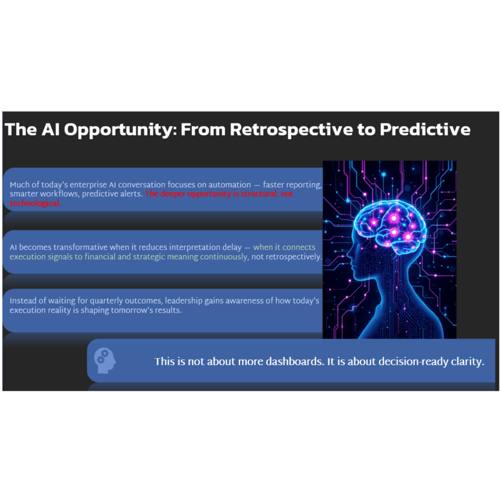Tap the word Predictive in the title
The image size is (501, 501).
[425, 130]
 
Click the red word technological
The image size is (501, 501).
[35, 203]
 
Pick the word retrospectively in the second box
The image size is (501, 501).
[286, 257]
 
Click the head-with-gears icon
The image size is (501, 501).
[105, 360]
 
